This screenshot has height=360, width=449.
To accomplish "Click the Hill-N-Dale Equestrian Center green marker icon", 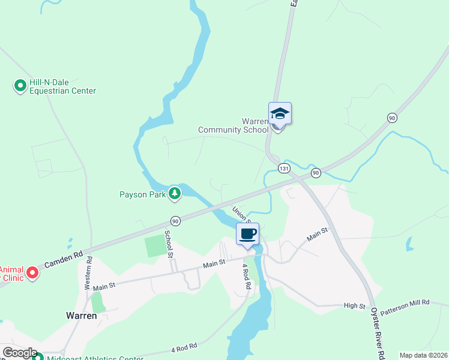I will (x=19, y=86).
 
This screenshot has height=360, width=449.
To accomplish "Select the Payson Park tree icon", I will (x=175, y=193).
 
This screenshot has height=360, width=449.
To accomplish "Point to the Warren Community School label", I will (x=234, y=125).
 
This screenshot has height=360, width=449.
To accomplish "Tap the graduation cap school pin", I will (x=280, y=113).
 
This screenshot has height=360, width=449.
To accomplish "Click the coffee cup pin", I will (x=247, y=233).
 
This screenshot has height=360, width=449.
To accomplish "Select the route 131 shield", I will (x=284, y=169).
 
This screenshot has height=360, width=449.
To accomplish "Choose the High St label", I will (x=354, y=306).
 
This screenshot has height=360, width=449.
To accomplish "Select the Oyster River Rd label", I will (x=376, y=334).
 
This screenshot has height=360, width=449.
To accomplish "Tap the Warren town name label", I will (x=82, y=315).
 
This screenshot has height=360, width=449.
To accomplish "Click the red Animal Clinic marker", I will (x=32, y=274).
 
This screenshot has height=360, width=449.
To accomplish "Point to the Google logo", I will (x=20, y=353).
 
